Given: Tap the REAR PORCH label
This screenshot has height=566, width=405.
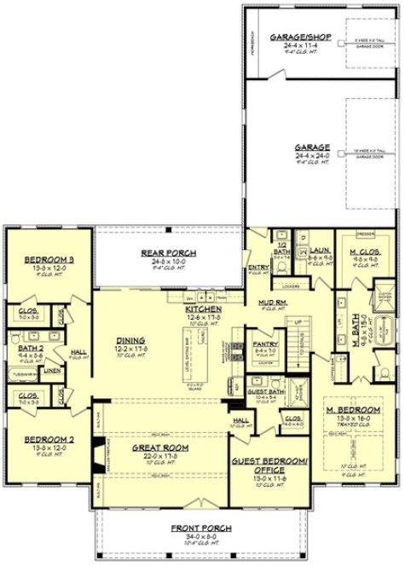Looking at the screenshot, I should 168,252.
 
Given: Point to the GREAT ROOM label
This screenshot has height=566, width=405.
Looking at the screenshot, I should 159,447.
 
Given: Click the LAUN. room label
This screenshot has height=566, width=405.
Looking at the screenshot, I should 321,251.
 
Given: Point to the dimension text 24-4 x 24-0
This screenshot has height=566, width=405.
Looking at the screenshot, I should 287,155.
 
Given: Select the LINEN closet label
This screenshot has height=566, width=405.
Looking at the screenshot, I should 52,370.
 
